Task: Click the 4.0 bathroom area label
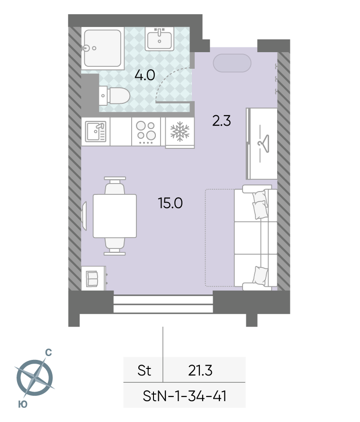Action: pos(144,75)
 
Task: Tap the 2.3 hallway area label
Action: pos(222,121)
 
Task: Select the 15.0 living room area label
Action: pos(171,203)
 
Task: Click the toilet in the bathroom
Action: pos(115,95)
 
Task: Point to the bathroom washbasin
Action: pos(160,39)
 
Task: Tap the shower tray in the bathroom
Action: pos(102,48)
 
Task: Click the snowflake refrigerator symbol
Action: pos(180,132)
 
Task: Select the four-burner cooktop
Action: pos(146,132)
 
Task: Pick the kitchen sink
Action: pos(96,131)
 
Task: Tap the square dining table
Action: pos(115,216)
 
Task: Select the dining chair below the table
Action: pos(115,246)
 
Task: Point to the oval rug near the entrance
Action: pos(232,63)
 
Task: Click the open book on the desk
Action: pos(92,278)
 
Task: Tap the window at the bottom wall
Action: pos(163,304)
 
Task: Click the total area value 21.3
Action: pos(200,370)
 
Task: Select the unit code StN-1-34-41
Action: pos(185,396)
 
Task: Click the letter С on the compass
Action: pos(48,353)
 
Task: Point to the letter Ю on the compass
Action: pos(23,404)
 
